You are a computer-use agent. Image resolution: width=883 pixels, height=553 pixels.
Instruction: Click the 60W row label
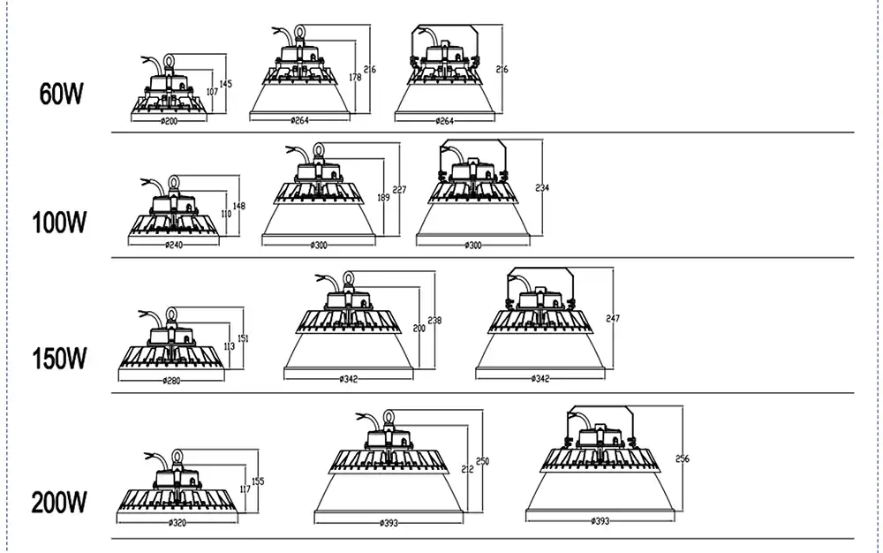pyautogui.click(x=60, y=95)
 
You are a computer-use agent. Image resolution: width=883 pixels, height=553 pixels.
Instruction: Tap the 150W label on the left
pyautogui.click(x=60, y=360)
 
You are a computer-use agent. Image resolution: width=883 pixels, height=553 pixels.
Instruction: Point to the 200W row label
pyautogui.click(x=60, y=504)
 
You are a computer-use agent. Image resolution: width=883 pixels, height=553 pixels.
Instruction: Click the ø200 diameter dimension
pyautogui.click(x=170, y=121)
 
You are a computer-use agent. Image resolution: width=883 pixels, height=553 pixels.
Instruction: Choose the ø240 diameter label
pyautogui.click(x=174, y=244)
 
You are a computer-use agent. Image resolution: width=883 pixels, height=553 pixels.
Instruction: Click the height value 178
pyautogui.click(x=355, y=78)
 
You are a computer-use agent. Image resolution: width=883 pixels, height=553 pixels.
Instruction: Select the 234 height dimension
pyautogui.click(x=542, y=187)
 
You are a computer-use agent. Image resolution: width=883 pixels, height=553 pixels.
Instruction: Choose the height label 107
pyautogui.click(x=212, y=91)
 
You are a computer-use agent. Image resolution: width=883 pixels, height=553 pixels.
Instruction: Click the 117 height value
pyautogui.click(x=245, y=490)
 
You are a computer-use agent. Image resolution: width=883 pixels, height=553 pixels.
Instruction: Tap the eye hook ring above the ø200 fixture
pyautogui.click(x=170, y=59)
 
